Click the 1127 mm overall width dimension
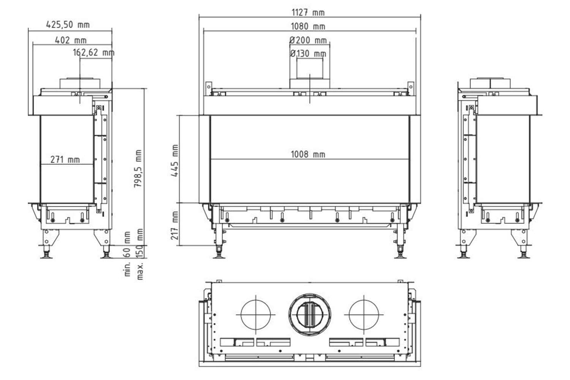(308, 13)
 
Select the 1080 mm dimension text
(308, 27)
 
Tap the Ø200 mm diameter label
(308, 40)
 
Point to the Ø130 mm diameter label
(308, 54)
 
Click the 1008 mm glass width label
(308, 155)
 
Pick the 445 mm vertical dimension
(175, 161)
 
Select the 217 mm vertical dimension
(175, 225)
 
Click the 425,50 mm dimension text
(68, 25)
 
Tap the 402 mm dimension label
(71, 40)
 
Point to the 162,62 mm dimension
(93, 53)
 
